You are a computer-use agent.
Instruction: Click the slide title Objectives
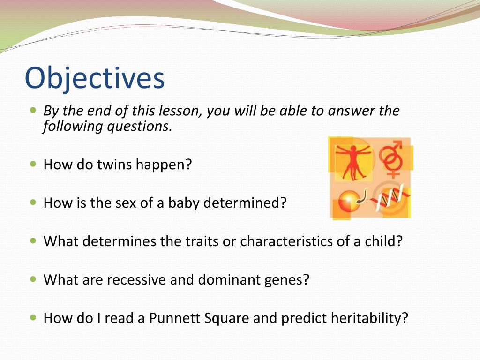tap(95, 78)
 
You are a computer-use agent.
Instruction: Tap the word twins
tap(114, 164)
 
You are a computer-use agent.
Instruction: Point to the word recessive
tap(136, 279)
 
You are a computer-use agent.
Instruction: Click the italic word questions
tap(137, 127)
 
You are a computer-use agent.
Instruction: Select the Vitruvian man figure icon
tap(354, 162)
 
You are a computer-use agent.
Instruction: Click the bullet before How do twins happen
tap(33, 164)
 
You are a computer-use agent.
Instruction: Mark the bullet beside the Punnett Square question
tap(33, 318)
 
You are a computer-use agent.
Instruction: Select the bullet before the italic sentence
tap(33, 110)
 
